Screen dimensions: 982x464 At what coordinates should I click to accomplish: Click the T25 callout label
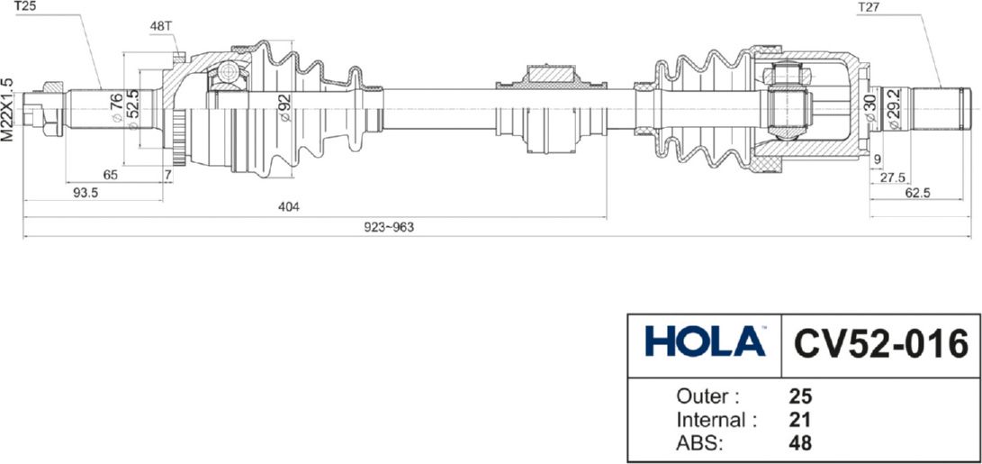(25, 7)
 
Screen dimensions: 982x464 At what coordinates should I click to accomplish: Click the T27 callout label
(867, 7)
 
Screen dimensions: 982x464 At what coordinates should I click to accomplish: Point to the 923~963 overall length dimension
(390, 227)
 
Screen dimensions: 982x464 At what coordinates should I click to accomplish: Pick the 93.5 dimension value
(86, 193)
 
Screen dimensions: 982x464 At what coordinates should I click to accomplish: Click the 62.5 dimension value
(917, 193)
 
